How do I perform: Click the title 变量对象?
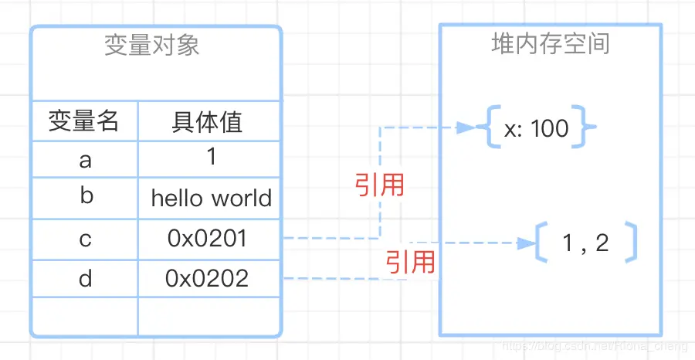click(152, 46)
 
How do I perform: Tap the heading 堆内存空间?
click(551, 43)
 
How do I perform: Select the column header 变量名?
click(84, 121)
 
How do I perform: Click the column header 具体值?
click(207, 121)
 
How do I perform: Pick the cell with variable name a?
click(85, 160)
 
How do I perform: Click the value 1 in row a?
click(211, 158)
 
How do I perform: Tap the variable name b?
click(86, 196)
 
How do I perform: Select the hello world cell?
click(211, 199)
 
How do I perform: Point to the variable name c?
click(85, 239)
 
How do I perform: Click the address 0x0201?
click(207, 239)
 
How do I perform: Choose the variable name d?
click(85, 278)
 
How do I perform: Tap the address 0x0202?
click(207, 278)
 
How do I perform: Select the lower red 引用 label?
click(411, 262)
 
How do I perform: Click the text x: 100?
click(536, 129)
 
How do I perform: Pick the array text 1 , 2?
click(585, 243)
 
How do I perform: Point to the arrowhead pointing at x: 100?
click(466, 127)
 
